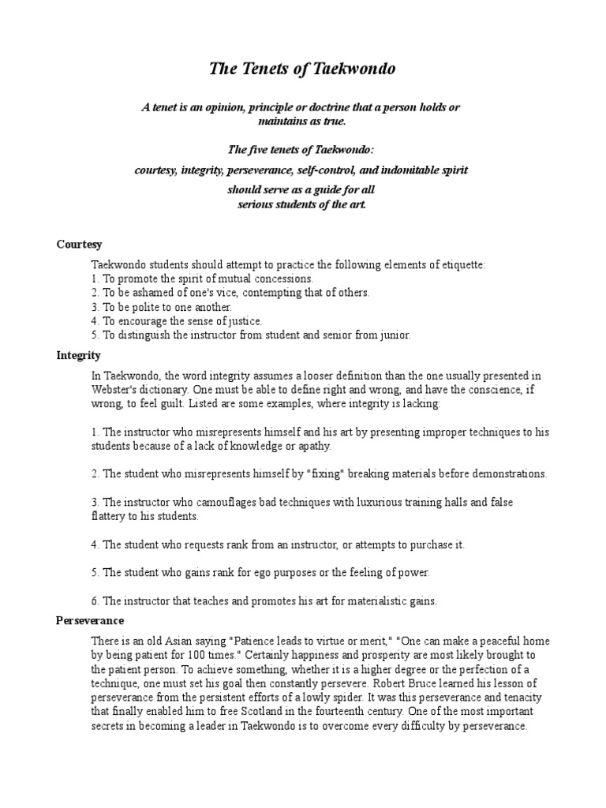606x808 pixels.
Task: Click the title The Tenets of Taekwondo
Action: [x=302, y=69]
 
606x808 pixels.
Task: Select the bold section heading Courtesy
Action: [x=79, y=245]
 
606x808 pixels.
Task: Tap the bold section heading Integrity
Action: [x=79, y=356]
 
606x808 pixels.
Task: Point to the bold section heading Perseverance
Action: [x=90, y=621]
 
